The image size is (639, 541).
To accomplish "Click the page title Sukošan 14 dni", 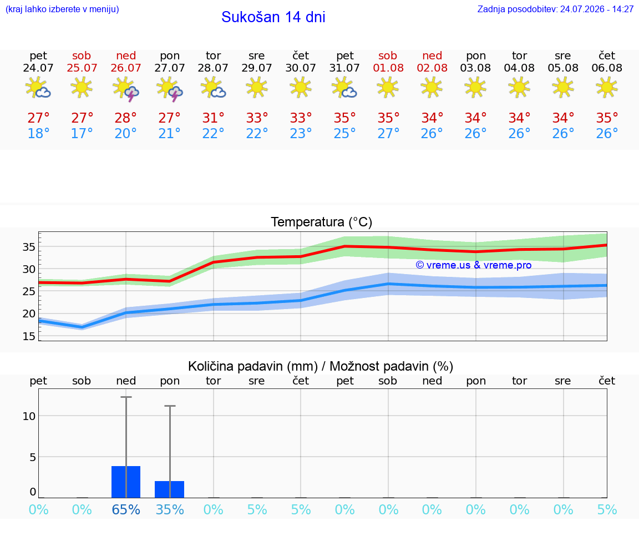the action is click(273, 17).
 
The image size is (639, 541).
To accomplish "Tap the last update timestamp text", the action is click(555, 9).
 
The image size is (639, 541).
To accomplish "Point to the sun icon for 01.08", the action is click(388, 88).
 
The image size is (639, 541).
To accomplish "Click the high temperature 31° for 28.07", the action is click(213, 118).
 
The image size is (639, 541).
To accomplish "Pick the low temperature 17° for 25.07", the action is click(82, 133).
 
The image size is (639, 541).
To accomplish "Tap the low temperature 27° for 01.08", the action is click(388, 133).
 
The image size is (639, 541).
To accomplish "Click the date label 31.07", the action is click(344, 68).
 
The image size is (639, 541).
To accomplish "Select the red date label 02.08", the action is click(432, 68).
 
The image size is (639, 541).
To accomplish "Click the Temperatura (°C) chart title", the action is click(322, 222).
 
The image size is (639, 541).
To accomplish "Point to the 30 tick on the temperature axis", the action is click(28, 269).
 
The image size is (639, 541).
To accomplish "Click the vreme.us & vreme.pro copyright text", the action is click(474, 265).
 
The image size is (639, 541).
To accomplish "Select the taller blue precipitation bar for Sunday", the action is click(126, 482).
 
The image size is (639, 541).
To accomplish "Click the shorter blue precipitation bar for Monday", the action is click(170, 489).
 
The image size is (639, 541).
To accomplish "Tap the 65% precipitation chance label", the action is click(126, 509).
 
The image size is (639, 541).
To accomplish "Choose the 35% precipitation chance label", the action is click(170, 509).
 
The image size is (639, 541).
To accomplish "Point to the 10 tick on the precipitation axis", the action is click(29, 416).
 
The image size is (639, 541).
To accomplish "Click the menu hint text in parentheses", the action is click(62, 9).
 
